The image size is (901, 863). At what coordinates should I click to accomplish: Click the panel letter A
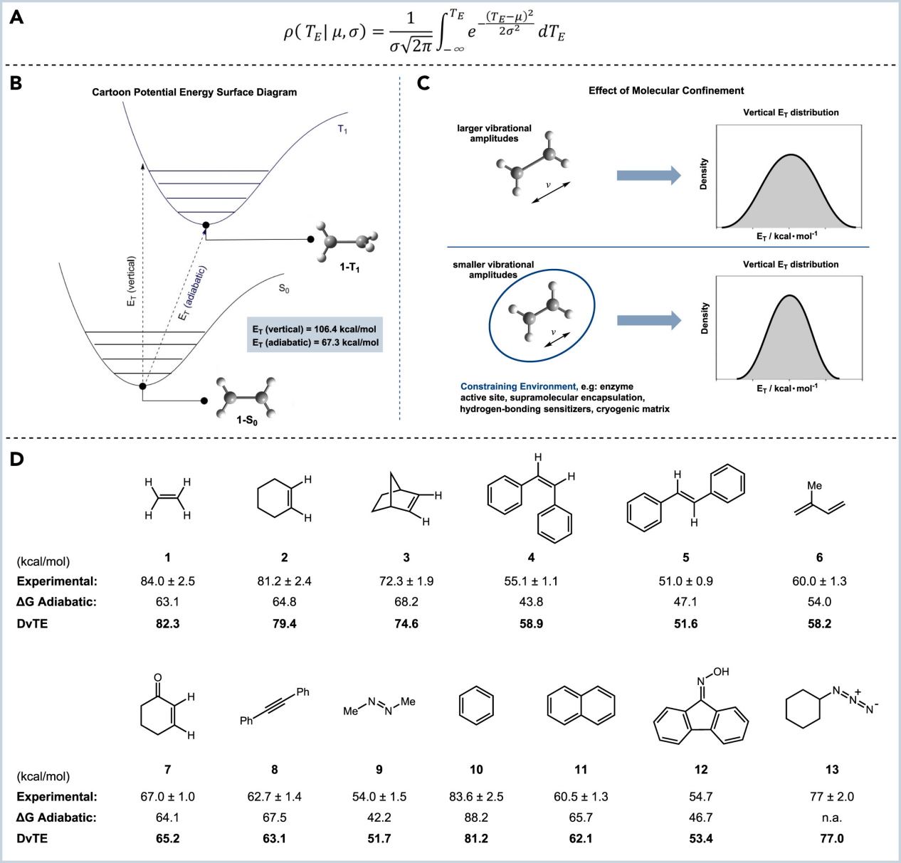(x=16, y=17)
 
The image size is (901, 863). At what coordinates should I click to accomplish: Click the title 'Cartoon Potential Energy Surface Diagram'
(x=194, y=92)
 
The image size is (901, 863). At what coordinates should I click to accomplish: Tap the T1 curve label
(x=342, y=129)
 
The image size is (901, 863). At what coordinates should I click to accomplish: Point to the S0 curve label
(x=284, y=288)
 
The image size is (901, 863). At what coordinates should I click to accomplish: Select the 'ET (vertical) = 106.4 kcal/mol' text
(x=315, y=329)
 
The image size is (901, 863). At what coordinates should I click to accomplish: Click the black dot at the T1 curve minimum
(x=206, y=226)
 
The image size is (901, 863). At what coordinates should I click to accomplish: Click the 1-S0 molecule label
(x=247, y=420)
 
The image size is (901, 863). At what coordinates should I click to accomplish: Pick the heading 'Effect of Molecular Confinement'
(x=666, y=90)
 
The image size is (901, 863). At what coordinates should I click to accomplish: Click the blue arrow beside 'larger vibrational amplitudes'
(x=648, y=175)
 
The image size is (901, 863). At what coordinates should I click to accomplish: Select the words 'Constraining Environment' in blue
(x=517, y=386)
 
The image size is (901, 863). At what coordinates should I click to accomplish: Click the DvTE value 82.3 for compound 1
(x=168, y=624)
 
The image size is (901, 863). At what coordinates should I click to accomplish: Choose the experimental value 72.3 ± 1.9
(x=406, y=581)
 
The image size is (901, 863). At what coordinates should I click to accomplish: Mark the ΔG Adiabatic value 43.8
(x=531, y=602)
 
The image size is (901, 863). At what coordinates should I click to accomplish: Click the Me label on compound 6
(x=815, y=486)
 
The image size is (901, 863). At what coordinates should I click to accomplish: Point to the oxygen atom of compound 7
(x=158, y=678)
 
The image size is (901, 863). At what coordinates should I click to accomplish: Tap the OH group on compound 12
(x=721, y=672)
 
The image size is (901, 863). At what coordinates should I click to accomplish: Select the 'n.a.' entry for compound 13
(x=831, y=817)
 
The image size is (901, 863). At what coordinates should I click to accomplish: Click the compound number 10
(x=476, y=770)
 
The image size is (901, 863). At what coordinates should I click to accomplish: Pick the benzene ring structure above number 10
(x=476, y=705)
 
